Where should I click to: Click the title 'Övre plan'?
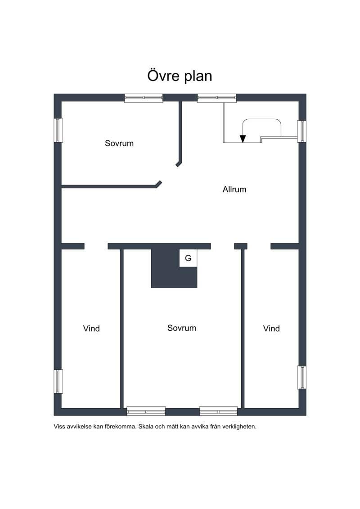180,75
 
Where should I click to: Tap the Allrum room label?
234,189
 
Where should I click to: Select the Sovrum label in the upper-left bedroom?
119,143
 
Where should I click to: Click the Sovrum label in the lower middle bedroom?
182,328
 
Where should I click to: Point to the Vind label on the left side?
91,329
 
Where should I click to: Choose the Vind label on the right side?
271,329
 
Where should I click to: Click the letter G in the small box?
188,258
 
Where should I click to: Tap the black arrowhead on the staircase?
243,139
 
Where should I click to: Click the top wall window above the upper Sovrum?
144,98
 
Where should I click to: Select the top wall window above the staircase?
217,98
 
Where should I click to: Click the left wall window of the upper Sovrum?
58,130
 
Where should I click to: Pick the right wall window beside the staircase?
301,131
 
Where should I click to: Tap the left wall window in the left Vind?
58,382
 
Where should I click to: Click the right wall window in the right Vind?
301,378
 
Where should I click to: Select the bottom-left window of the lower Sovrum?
146,411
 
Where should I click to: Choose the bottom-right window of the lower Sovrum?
218,411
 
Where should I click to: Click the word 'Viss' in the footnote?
59,427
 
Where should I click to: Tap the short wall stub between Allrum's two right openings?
241,246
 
